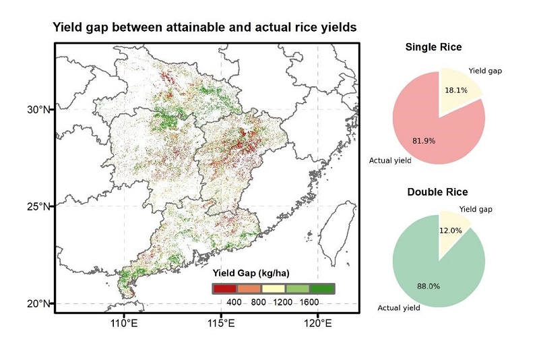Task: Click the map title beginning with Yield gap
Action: pos(204,27)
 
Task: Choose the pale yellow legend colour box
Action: pos(273,289)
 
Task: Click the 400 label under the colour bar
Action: pos(234,302)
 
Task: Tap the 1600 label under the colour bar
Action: pos(309,302)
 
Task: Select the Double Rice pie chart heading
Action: pos(437,192)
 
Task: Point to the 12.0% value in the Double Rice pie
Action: pos(451,231)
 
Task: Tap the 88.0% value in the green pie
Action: pos(429,286)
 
